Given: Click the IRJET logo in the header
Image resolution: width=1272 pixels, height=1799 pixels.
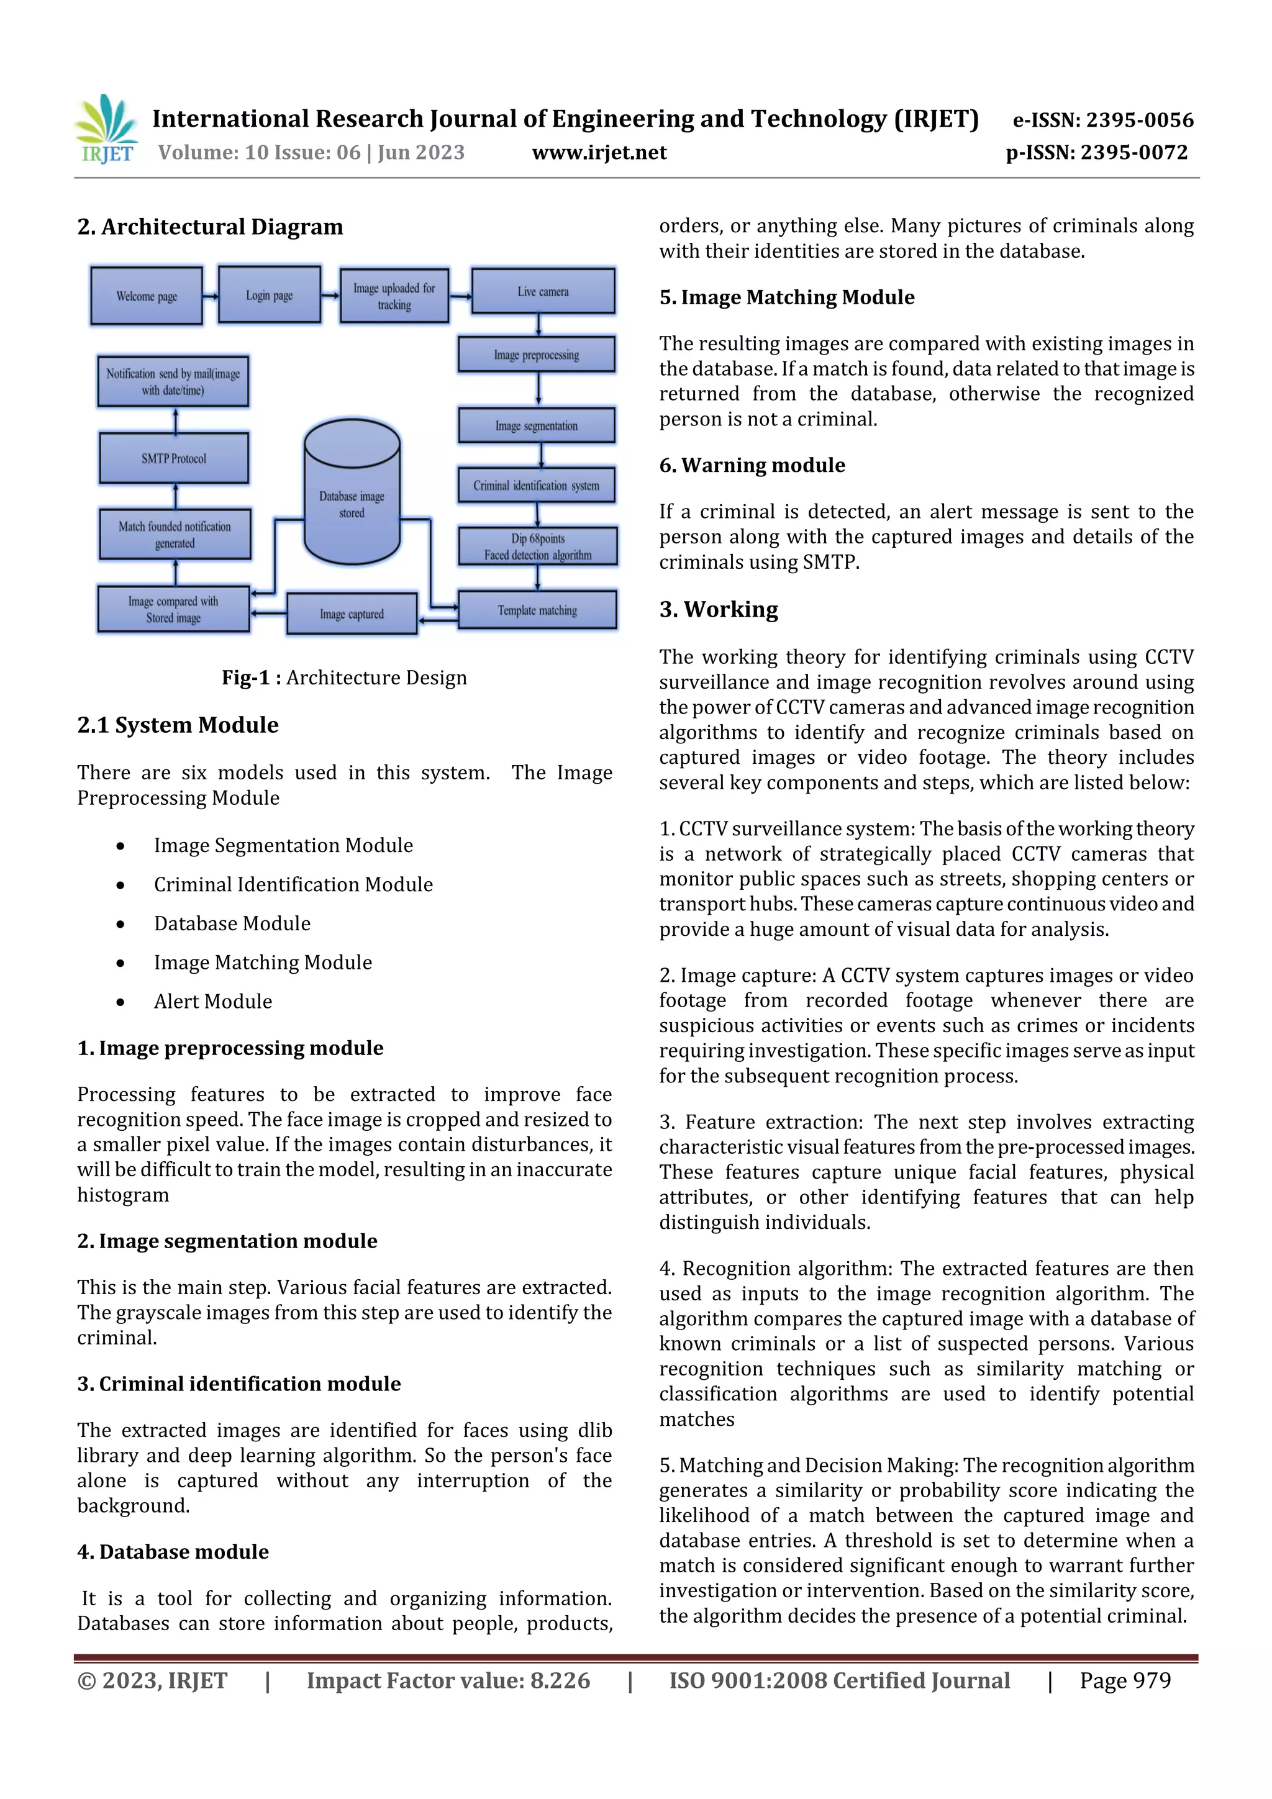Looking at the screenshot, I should coord(107,129).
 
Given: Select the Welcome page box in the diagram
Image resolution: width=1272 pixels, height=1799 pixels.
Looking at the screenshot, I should coord(147,296).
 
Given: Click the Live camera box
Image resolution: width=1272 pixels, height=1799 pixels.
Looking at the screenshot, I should coord(542,291).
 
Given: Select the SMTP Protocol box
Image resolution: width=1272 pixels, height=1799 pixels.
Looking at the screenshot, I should coord(173,458).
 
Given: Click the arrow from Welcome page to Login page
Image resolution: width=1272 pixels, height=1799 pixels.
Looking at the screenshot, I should coord(210,296).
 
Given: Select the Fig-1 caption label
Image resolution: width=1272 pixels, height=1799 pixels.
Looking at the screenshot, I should coord(344,677).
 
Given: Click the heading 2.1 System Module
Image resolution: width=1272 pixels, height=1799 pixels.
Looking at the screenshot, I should coord(178,725).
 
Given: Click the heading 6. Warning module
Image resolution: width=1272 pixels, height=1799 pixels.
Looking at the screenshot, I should coord(752,464).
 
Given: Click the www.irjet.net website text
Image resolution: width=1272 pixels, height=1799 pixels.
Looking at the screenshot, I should coord(599,152).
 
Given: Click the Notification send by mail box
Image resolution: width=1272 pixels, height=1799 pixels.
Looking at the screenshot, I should coord(173,381).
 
